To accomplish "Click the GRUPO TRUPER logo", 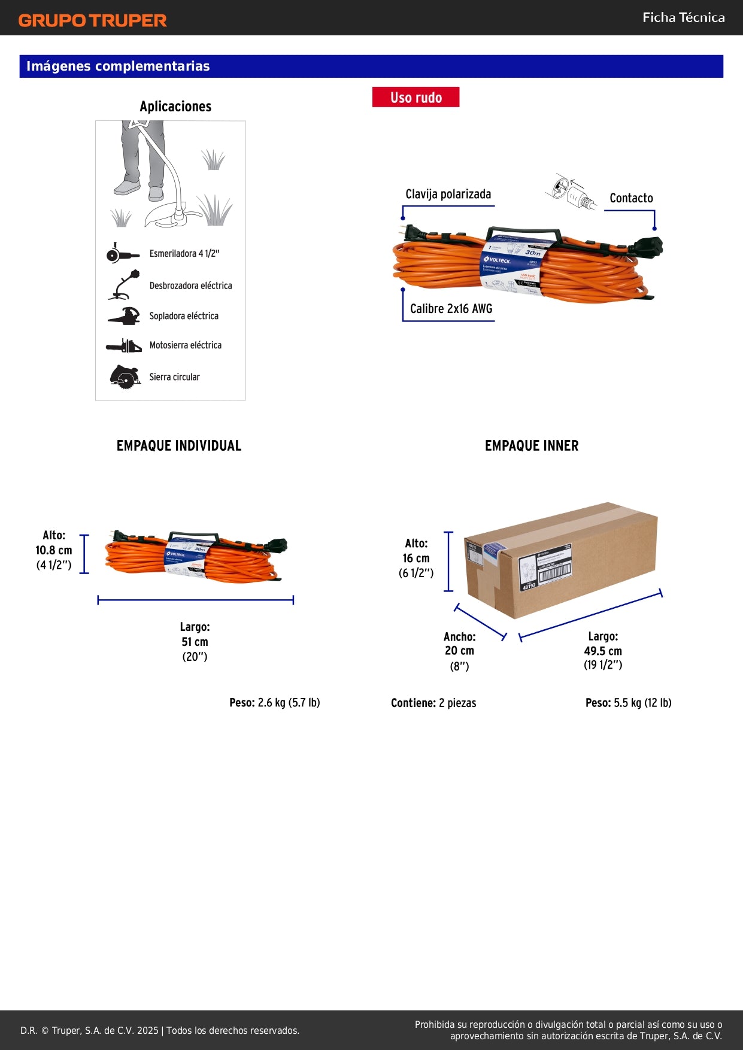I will point(92,20).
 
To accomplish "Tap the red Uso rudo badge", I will point(416,98).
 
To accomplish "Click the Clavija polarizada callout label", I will point(448,194).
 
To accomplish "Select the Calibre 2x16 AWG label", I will point(451,309).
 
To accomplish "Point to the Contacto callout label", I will point(631,198).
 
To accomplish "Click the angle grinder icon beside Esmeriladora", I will point(122,254).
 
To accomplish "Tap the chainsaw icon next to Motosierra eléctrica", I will point(124,346).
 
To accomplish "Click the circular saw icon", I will point(125,377).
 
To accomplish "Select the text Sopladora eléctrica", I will point(184,316).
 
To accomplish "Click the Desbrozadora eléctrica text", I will point(190,286).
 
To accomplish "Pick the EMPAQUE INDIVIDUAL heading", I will point(179,446).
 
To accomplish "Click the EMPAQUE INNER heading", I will point(532,446).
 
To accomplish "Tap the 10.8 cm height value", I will point(54,551).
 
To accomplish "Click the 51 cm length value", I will point(195,642).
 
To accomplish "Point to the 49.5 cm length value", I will point(603,651).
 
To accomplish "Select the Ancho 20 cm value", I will point(459,651).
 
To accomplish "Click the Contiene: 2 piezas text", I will point(433,703).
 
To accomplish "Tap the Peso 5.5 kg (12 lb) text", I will point(628,703).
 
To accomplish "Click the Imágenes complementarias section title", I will point(118,66).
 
